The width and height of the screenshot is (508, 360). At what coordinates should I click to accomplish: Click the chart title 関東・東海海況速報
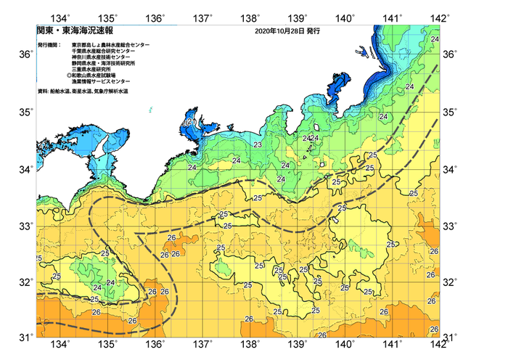[70, 31]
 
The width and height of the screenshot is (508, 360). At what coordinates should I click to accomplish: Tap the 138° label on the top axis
[251, 17]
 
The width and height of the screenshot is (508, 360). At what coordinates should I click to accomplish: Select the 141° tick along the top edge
[393, 17]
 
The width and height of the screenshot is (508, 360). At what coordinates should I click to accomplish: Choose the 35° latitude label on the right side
[451, 112]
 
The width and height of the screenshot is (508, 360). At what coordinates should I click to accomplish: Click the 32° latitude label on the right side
[451, 282]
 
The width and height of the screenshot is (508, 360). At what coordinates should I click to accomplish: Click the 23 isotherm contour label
[258, 145]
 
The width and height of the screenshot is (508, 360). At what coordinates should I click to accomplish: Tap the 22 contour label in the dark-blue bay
[187, 123]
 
